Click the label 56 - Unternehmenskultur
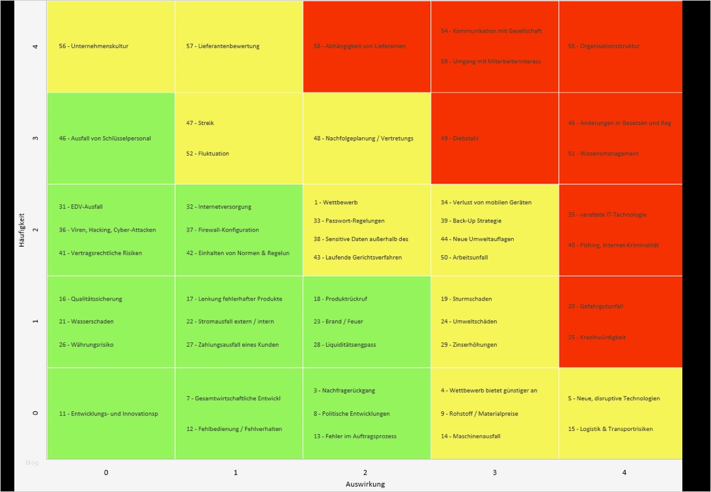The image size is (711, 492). pyautogui.click(x=93, y=46)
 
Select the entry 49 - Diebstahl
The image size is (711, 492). pyautogui.click(x=459, y=139)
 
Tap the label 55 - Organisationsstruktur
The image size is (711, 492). pyautogui.click(x=604, y=46)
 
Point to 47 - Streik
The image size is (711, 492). pyautogui.click(x=200, y=123)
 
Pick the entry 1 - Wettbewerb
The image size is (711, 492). pyautogui.click(x=336, y=202)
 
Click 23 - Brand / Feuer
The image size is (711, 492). pyautogui.click(x=338, y=321)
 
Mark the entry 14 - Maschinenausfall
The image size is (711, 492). pyautogui.click(x=470, y=436)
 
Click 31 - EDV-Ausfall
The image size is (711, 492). pyautogui.click(x=81, y=207)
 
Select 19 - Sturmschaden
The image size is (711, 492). pyautogui.click(x=466, y=299)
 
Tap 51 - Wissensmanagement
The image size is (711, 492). pyautogui.click(x=603, y=154)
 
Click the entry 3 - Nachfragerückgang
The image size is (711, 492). pyautogui.click(x=344, y=390)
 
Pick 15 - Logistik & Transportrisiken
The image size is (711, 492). pyautogui.click(x=610, y=429)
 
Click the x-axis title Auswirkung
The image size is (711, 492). pyautogui.click(x=365, y=484)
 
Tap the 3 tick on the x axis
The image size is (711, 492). pyautogui.click(x=494, y=472)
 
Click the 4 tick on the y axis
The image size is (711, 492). pyautogui.click(x=35, y=46)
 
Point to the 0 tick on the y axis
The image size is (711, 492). pyautogui.click(x=35, y=413)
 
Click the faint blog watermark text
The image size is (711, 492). pyautogui.click(x=32, y=463)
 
